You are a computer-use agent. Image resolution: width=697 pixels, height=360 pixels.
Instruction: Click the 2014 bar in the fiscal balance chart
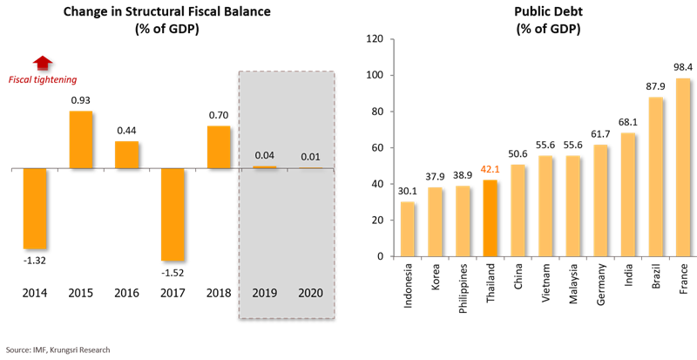pos(34,208)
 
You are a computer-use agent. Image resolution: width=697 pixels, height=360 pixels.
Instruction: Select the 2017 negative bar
pos(173,214)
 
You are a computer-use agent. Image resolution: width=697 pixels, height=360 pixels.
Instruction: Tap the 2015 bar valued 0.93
pos(80,139)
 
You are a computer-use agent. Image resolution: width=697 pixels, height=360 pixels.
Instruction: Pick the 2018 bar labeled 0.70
pos(220,146)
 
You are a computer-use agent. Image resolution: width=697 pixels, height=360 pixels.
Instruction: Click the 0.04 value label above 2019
pos(264,155)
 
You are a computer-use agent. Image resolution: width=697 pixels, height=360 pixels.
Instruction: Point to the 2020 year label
pos(309,292)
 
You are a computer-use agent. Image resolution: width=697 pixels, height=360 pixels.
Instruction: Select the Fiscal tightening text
pos(43,79)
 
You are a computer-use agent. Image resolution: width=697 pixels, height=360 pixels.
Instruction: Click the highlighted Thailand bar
pos(490,218)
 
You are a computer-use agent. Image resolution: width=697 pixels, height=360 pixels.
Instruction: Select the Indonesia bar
pos(407,228)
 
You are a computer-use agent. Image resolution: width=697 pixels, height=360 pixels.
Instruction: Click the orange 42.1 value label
pos(489,171)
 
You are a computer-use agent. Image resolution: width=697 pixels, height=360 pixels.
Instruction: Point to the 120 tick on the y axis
pos(376,39)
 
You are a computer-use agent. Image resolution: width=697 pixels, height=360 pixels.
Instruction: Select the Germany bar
pos(599,200)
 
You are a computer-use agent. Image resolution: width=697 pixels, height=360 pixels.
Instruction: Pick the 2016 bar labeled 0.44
pos(126,154)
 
